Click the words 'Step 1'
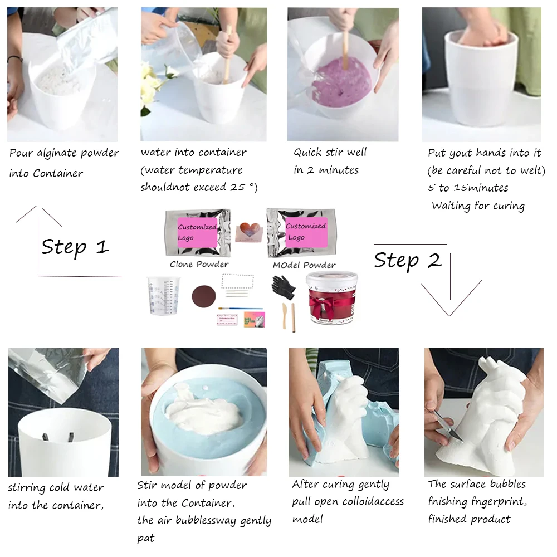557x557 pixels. [75, 247]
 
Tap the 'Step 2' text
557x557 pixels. [407, 260]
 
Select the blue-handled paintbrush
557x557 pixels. [240, 309]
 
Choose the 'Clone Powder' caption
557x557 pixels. [199, 264]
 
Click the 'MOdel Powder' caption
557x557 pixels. [304, 265]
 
